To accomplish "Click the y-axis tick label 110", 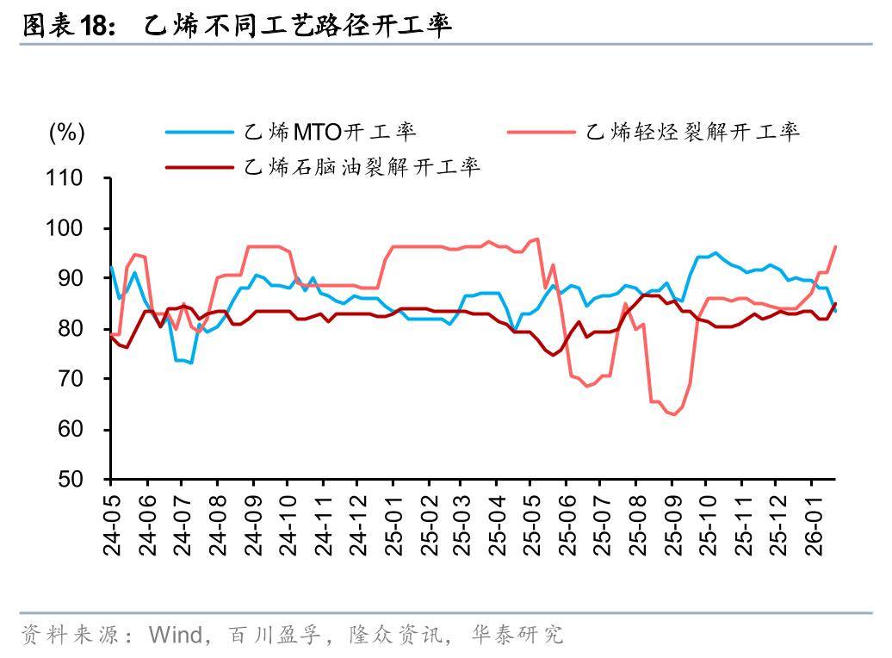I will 65,178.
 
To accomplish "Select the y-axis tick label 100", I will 65,228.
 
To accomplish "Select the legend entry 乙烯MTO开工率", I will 331,133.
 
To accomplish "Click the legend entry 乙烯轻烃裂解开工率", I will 692,133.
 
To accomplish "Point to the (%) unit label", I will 66,133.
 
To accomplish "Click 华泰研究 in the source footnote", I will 517,636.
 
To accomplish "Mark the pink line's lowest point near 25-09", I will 674,414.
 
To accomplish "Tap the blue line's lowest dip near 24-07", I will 190,363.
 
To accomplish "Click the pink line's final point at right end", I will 835,247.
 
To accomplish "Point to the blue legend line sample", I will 200,133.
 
